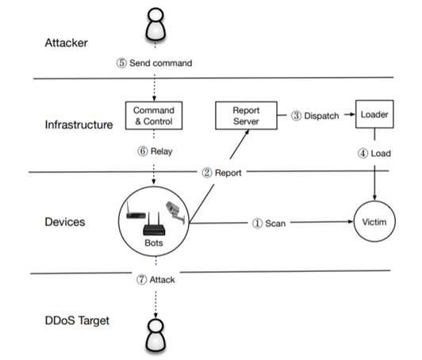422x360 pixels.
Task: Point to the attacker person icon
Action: coord(155,25)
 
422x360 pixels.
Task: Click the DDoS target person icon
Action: coord(155,336)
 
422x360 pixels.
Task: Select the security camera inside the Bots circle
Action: coord(175,212)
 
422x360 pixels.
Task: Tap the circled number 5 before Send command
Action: coord(121,63)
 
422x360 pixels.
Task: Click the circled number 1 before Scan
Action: coord(257,224)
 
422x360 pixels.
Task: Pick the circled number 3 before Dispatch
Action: coord(296,116)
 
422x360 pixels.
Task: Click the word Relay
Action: coord(162,151)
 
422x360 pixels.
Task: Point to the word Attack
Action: coord(162,280)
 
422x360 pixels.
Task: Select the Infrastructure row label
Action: coord(79,124)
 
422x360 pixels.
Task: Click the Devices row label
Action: coord(65,222)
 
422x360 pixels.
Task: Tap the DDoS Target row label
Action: coord(77,320)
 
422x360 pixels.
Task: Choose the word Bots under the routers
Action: coord(154,243)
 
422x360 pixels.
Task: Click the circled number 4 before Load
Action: coord(363,153)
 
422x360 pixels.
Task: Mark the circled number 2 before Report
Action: coord(207,173)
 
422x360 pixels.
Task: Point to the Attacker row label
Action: coord(66,43)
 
